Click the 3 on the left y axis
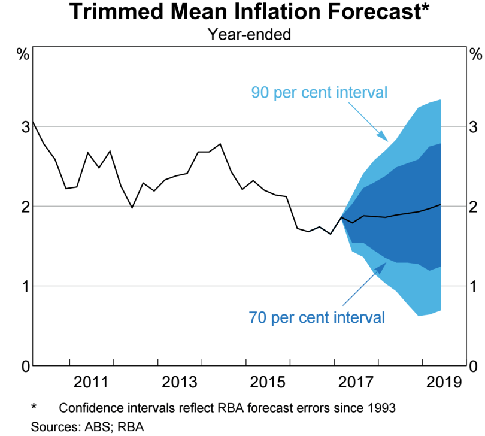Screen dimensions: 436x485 (25, 126)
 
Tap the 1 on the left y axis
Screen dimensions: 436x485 (25, 286)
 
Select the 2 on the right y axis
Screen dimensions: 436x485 (475, 206)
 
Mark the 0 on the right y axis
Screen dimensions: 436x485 (475, 365)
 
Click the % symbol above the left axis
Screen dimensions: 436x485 (23, 54)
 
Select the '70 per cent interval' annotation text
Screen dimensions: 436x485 (317, 317)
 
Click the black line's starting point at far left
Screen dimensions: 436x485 (33, 122)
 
